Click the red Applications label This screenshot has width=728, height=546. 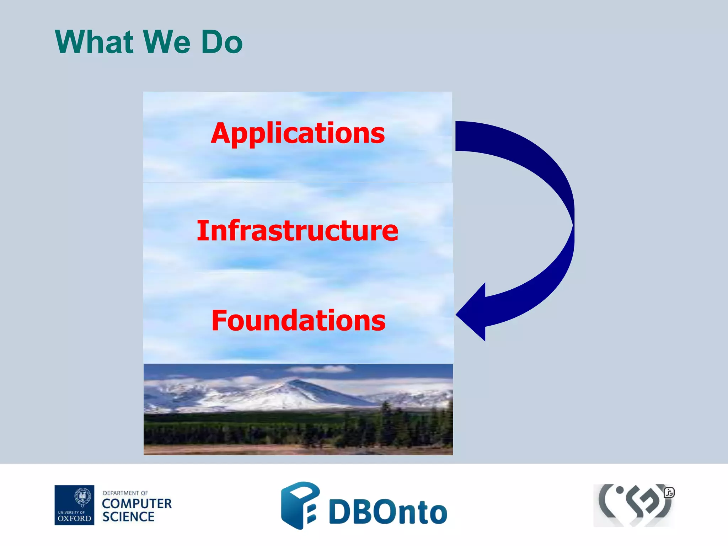click(298, 133)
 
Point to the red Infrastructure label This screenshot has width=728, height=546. click(298, 231)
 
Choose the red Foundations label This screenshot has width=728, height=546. click(298, 321)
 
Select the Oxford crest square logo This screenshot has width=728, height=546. click(74, 505)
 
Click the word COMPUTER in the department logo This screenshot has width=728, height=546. click(137, 504)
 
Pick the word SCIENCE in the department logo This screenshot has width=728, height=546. click(128, 517)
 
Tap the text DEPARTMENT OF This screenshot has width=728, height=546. click(125, 493)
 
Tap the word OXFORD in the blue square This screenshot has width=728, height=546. click(74, 518)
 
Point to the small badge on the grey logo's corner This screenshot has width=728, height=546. click(669, 493)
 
